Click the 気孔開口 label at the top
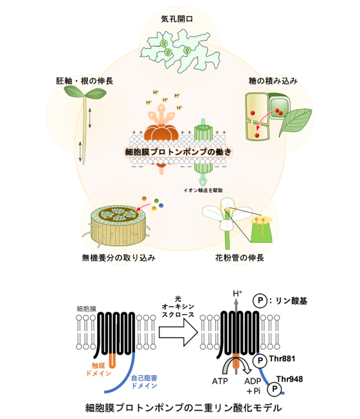click(x=177, y=19)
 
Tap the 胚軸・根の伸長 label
click(x=84, y=81)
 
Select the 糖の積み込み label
click(x=273, y=81)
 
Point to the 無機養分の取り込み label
click(x=119, y=258)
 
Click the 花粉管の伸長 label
click(x=240, y=258)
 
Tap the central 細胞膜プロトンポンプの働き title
click(x=178, y=152)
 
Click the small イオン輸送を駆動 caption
click(x=203, y=190)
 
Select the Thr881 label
click(x=282, y=359)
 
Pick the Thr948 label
click(x=289, y=379)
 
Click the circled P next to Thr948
click(x=274, y=389)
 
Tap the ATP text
click(x=220, y=381)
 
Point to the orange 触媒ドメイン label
click(x=98, y=370)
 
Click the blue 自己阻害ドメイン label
click(x=144, y=382)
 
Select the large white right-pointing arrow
click(x=178, y=332)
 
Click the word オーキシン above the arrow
click(x=178, y=307)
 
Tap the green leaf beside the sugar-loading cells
click(x=295, y=121)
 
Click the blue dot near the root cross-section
click(x=161, y=206)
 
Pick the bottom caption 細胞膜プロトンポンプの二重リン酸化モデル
click(x=184, y=408)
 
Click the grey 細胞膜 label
click(x=86, y=309)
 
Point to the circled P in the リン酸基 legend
click(x=260, y=301)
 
